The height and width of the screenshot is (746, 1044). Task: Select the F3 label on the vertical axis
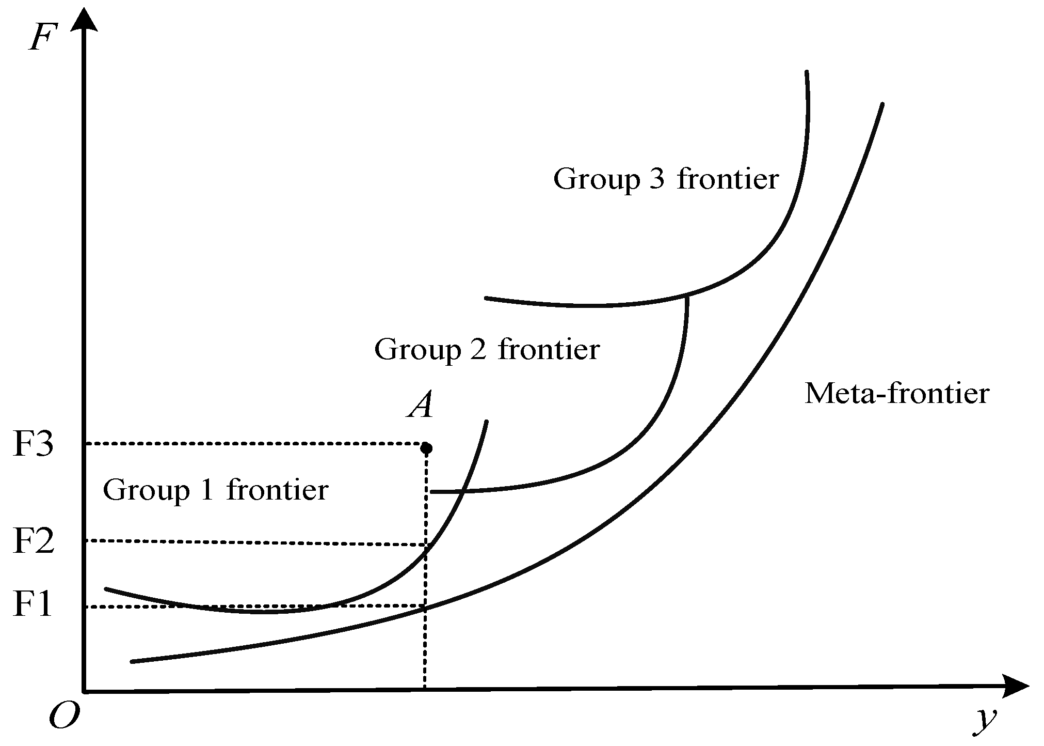(33, 443)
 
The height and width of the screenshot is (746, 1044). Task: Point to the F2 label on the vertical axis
(33, 540)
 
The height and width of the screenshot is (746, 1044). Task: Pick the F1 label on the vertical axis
(33, 604)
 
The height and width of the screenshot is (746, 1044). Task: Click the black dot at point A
(426, 447)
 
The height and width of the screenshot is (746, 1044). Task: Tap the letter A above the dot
(421, 406)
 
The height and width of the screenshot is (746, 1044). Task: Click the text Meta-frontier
(897, 394)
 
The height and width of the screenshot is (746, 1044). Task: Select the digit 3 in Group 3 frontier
(656, 179)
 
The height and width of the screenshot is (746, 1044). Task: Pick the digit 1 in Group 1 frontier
(206, 490)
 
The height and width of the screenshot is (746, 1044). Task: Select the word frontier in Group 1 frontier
(278, 490)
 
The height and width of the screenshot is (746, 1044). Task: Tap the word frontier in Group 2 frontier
(549, 349)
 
